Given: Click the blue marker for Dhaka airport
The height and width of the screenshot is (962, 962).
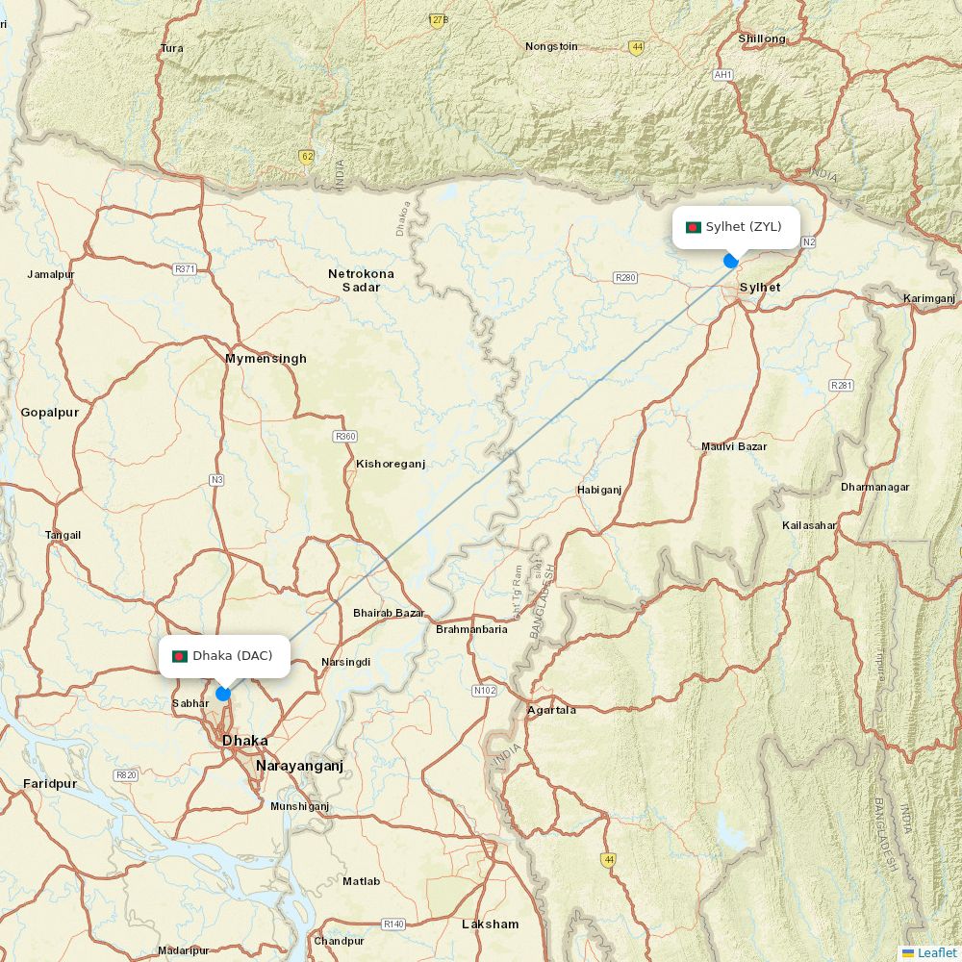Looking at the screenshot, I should pyautogui.click(x=223, y=694).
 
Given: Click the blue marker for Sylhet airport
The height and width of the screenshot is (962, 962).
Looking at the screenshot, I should pyautogui.click(x=731, y=260).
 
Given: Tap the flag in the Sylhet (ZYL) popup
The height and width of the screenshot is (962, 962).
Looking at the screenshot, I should pyautogui.click(x=693, y=228).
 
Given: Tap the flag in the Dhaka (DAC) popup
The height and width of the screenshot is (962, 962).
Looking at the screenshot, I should pyautogui.click(x=179, y=656).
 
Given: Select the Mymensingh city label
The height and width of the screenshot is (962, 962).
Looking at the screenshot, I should pyautogui.click(x=266, y=359).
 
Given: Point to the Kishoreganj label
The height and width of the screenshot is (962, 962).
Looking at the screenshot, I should pyautogui.click(x=390, y=464).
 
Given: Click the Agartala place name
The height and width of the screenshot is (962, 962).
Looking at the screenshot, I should pyautogui.click(x=551, y=710).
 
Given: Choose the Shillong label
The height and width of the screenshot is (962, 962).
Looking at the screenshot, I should pyautogui.click(x=762, y=39).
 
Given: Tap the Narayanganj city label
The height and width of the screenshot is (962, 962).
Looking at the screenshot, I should pyautogui.click(x=299, y=766).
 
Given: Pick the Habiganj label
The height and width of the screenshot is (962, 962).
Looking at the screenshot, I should pyautogui.click(x=599, y=490).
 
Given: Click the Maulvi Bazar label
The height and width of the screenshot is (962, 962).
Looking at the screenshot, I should pyautogui.click(x=734, y=446).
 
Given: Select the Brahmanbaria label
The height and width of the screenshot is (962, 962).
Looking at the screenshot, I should pyautogui.click(x=471, y=629).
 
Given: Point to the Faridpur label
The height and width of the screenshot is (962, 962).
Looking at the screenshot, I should pyautogui.click(x=50, y=784).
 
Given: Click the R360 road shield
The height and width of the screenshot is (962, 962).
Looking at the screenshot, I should pyautogui.click(x=345, y=437).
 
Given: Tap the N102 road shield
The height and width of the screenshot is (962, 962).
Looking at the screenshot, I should pyautogui.click(x=485, y=691).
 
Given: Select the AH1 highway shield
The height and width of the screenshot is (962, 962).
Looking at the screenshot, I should pyautogui.click(x=722, y=75).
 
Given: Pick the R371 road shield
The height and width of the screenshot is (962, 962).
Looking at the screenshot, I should pyautogui.click(x=186, y=269).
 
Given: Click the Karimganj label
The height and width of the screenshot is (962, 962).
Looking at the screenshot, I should pyautogui.click(x=929, y=299).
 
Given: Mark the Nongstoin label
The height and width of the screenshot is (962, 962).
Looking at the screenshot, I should pyautogui.click(x=551, y=46).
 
